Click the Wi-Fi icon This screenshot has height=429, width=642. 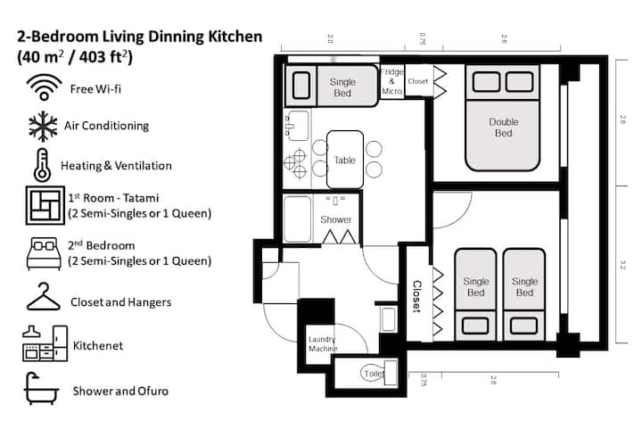click(42, 87)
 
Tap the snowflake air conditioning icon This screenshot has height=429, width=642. click(42, 126)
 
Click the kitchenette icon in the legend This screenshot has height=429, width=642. click(44, 342)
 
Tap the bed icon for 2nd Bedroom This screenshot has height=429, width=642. click(42, 253)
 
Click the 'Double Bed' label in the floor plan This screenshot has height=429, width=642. click(503, 128)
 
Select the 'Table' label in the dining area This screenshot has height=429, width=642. click(345, 161)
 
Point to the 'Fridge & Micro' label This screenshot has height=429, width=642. click(392, 80)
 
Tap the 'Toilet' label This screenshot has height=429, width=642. click(372, 375)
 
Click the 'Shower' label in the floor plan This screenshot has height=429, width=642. click(336, 219)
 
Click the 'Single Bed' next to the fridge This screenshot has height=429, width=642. click(342, 87)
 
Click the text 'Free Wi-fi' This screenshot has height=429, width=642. click(95, 87)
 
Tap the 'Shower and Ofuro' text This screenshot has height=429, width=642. click(119, 391)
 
